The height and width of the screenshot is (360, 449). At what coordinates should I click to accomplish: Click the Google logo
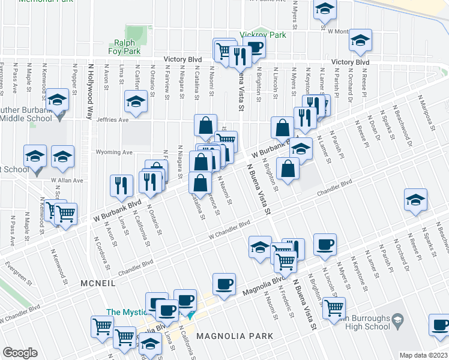[20, 353]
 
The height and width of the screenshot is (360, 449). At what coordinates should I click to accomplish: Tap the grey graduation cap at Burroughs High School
[396, 323]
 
